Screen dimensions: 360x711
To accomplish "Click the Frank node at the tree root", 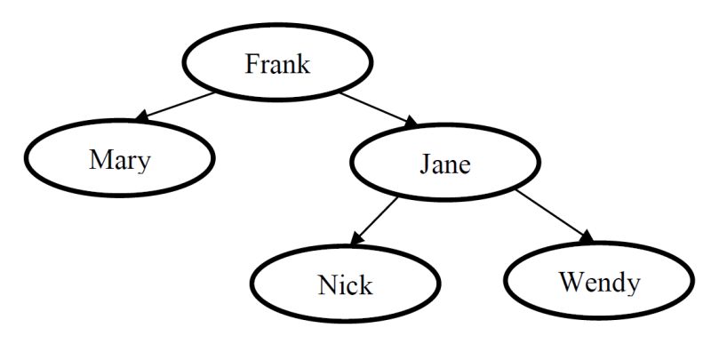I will coord(277,63).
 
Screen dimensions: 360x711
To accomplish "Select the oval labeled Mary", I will coord(119,159).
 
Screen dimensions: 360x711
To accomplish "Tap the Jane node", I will coord(444,164).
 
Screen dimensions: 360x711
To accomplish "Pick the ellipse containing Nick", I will coord(345,285).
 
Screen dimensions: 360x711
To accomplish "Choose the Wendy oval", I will coord(598,283).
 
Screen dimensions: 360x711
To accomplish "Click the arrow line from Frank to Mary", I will coord(178,105).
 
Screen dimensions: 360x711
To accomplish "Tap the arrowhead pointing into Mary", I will coord(140,117).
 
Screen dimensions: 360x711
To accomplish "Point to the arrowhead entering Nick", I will coord(354,241).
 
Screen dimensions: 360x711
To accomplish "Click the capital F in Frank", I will coord(252,64).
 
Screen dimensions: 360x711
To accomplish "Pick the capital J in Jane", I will coord(424,164).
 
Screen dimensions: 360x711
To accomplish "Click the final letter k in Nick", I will coord(365,285).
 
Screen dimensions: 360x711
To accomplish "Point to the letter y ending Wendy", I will coord(631,286).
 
